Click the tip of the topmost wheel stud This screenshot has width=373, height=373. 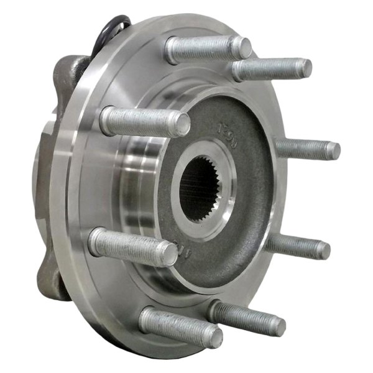(244, 48)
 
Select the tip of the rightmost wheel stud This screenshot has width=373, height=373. (334, 150)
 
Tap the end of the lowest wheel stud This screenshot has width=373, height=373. (214, 336)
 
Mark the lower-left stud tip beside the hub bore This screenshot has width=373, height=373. (167, 252)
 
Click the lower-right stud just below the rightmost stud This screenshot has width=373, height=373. (322, 250)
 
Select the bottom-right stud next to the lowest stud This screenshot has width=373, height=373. (277, 327)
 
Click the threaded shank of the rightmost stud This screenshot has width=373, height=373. (305, 149)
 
